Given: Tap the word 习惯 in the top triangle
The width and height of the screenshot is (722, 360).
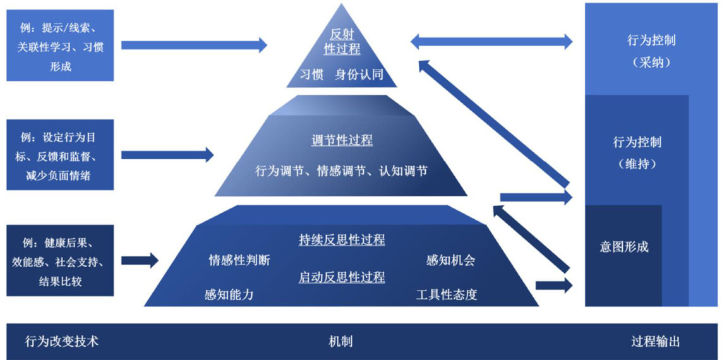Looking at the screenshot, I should click(x=312, y=74).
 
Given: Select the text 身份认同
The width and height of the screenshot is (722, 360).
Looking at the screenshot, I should click(x=359, y=74).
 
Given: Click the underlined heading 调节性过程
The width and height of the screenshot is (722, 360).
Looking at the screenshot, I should click(x=342, y=140).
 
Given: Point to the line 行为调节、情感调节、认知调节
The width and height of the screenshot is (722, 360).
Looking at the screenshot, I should click(x=342, y=171).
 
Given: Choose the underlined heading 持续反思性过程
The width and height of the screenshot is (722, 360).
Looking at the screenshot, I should click(x=342, y=240).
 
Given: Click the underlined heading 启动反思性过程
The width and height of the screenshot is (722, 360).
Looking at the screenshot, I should click(x=342, y=277).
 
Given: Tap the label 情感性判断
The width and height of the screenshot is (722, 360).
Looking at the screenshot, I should click(x=239, y=260).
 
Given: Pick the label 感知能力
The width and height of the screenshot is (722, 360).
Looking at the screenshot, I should click(x=229, y=294).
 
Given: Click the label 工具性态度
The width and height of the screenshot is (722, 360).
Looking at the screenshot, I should click(x=447, y=294).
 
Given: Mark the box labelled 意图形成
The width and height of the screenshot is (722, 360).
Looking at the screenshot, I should click(x=623, y=247).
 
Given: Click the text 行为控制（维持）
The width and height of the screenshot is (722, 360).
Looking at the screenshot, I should click(x=637, y=152).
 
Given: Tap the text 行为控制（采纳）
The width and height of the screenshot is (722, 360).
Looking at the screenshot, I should click(x=651, y=51).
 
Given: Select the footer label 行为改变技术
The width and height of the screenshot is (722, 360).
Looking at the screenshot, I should click(x=62, y=342).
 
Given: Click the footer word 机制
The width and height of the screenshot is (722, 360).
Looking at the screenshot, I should click(x=341, y=342).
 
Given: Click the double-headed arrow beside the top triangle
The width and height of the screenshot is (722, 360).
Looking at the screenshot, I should click(x=491, y=42).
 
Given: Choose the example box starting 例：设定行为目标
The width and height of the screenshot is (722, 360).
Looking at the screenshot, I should click(x=60, y=155).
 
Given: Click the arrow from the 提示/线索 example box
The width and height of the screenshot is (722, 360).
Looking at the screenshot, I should click(x=193, y=45).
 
